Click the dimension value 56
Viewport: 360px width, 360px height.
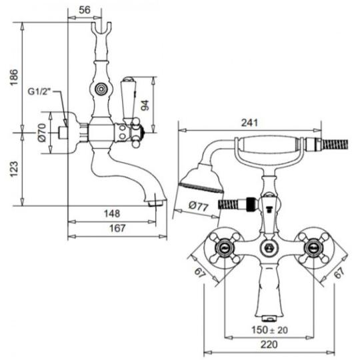coord(85,10)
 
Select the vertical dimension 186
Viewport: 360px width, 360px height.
coord(14,77)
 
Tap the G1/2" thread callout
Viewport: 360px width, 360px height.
coord(39,92)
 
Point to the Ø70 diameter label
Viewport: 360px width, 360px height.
coord(42,133)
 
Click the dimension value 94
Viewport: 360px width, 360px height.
coord(145,105)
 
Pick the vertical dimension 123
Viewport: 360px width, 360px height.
coord(14,169)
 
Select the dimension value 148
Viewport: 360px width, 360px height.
coord(112,213)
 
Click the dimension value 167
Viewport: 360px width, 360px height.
coord(117,228)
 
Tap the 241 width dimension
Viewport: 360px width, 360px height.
coord(249,123)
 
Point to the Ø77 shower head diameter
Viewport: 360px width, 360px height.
coord(199,206)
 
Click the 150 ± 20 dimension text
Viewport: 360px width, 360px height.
coord(269,330)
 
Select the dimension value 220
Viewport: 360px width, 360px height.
coord(269,345)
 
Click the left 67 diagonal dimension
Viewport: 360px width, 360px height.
coord(200,273)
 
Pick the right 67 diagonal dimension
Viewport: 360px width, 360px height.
coord(339,273)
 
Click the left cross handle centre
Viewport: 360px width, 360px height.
coord(224,247)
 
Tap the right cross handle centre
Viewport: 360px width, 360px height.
coord(313,247)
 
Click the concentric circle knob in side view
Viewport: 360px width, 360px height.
coord(101,89)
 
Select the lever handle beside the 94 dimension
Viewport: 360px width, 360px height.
coord(128,99)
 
